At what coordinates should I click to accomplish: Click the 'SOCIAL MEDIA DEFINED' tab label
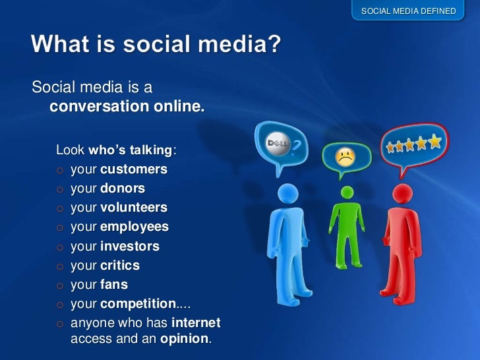[x=408, y=11]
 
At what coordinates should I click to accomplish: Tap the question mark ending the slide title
[x=274, y=46]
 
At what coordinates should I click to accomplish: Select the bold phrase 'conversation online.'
[x=127, y=106]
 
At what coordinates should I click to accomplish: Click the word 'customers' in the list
[x=134, y=169]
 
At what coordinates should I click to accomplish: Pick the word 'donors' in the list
[x=123, y=189]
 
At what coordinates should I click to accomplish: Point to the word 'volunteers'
[x=134, y=208]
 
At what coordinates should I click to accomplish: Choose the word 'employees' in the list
[x=135, y=227]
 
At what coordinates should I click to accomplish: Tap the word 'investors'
[x=130, y=247]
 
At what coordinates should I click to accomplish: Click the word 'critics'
[x=120, y=266]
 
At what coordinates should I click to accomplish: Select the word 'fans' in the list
[x=114, y=285]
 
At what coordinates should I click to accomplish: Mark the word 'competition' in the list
[x=138, y=304]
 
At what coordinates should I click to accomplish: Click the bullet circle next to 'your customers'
[x=59, y=170]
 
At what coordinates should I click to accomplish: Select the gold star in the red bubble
[x=435, y=142]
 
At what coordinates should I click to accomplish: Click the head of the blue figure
[x=287, y=193]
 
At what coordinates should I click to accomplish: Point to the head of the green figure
[x=346, y=193]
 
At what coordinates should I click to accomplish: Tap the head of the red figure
[x=402, y=194]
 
